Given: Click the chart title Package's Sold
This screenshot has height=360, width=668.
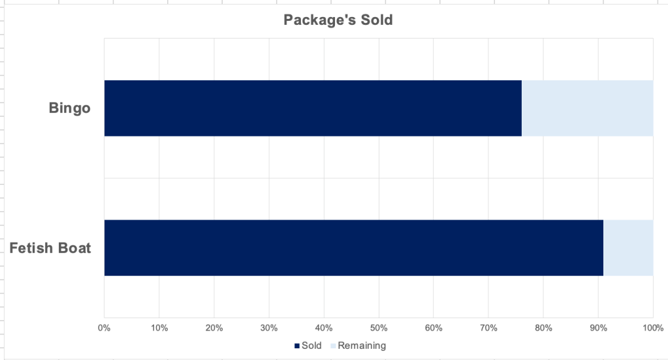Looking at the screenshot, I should pos(338,20).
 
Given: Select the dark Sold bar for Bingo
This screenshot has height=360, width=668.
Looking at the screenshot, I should pos(313,108).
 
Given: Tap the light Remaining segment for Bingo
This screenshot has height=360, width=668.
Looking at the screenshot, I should pos(587,108).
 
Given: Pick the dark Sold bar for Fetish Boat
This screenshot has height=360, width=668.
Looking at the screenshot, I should pos(353,248).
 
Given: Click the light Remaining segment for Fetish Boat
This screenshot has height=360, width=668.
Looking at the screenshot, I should pos(628,248).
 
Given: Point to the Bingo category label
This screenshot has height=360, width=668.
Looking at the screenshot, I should pos(69,108).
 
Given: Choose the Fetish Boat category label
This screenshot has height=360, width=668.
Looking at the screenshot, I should pos(50,248).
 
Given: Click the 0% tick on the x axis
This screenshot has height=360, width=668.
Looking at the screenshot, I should pos(104,327).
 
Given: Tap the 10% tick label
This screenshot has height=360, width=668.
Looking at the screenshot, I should pos(159,327).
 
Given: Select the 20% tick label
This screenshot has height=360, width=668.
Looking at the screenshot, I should pos(214,327).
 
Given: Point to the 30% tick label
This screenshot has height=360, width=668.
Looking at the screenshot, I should pos(269,327).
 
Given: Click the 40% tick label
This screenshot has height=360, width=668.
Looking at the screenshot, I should pos(324,327).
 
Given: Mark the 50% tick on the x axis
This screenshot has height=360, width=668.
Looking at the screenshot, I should pos(379,327).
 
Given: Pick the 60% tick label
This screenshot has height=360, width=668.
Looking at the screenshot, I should pos(434,327).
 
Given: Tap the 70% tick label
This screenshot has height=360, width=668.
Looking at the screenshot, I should pos(488,327).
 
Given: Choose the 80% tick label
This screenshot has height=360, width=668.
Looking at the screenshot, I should pos(543,327).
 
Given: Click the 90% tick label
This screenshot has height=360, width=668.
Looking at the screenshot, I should pos(598,327).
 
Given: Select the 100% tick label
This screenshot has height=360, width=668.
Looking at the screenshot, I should pos(652,327).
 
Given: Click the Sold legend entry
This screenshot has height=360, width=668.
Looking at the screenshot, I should pos(308,346).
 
